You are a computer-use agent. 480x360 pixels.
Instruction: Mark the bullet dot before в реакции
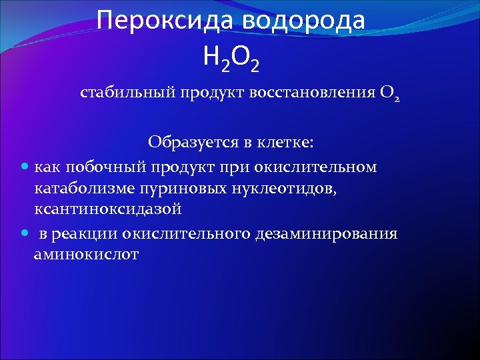point(25,234)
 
